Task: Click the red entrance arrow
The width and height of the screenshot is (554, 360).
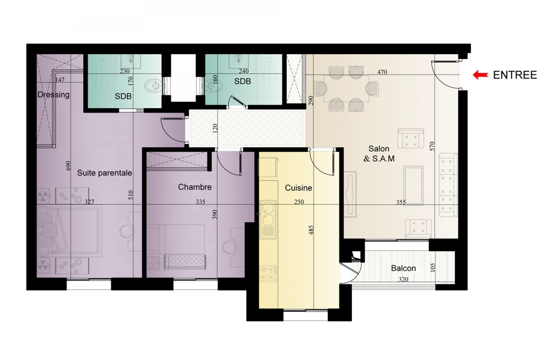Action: [x=480, y=75]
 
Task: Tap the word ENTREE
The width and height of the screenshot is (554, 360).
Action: [x=515, y=75]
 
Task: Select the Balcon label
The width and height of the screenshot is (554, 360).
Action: [x=403, y=268]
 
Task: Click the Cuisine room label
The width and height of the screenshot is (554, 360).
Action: [x=298, y=188]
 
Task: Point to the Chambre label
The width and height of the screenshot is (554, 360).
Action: [x=195, y=187]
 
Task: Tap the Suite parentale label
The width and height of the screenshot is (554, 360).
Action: [x=104, y=173]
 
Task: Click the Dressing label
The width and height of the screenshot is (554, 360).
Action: [x=54, y=95]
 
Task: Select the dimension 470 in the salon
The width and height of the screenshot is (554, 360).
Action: [x=382, y=72]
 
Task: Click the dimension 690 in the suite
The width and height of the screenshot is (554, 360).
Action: [x=68, y=166]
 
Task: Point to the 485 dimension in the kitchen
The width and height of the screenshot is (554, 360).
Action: [x=311, y=230]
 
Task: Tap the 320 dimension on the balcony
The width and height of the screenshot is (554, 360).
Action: [x=403, y=279]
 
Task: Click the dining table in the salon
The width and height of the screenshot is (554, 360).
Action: [x=346, y=89]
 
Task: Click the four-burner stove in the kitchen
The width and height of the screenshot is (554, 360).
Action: [x=268, y=273]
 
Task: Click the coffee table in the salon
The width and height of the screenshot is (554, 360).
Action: [x=413, y=186]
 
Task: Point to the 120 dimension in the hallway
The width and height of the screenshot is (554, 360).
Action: [x=215, y=128]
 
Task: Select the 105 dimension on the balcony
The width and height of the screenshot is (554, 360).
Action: [x=433, y=268]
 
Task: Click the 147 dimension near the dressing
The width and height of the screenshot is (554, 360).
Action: [x=60, y=79]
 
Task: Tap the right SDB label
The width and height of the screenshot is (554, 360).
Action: [x=242, y=81]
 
